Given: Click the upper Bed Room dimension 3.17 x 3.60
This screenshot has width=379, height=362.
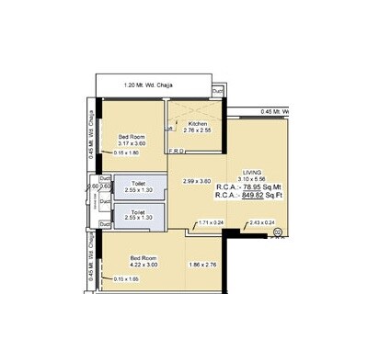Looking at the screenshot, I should pyautogui.click(x=132, y=144).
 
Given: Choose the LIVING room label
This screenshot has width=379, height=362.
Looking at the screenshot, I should pyautogui.click(x=252, y=173).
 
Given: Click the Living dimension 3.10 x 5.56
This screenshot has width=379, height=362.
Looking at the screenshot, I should pyautogui.click(x=252, y=180).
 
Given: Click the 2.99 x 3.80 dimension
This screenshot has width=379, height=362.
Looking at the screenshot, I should pyautogui.click(x=198, y=180).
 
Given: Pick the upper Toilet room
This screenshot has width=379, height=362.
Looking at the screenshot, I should pyautogui.click(x=137, y=186).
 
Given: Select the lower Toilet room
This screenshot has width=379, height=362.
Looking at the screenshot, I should pyautogui.click(x=137, y=216).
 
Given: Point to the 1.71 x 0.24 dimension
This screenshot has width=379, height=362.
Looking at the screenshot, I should pyautogui.click(x=211, y=221).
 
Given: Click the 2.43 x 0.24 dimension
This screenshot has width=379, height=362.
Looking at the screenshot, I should pyautogui.click(x=262, y=221).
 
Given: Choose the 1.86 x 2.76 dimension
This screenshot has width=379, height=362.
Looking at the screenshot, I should pyautogui.click(x=201, y=265).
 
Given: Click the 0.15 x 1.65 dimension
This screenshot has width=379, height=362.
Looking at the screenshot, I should pyautogui.click(x=126, y=278).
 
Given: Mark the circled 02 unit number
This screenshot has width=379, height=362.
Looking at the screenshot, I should pyautogui.click(x=278, y=234).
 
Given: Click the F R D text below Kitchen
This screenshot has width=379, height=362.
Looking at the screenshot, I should pyautogui.click(x=174, y=152).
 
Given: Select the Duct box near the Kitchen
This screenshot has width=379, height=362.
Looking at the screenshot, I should pyautogui.click(x=217, y=92).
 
